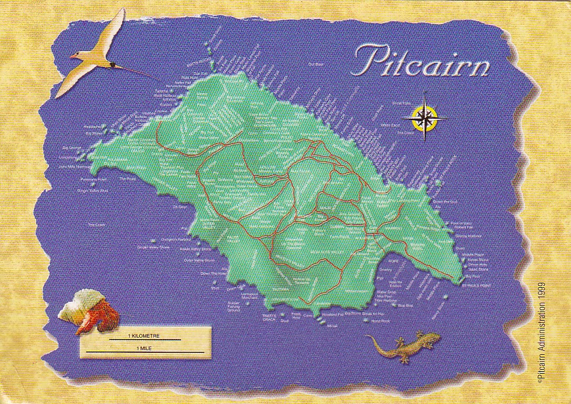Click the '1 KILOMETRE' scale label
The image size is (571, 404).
pos(144,336)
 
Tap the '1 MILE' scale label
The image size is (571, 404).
pos(144,348)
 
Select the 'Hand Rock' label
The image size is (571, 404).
pos(380,321)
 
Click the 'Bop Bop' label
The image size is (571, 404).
pos(406,305)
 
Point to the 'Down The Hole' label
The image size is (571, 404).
pos(213,273)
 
